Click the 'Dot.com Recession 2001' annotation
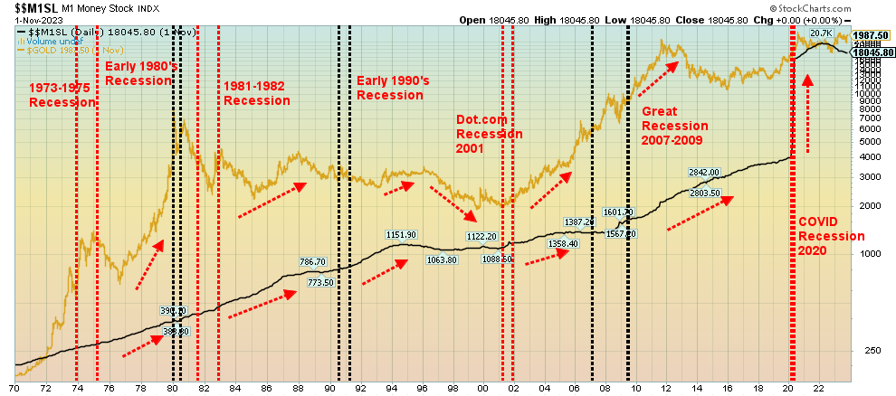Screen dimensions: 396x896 pos(489,134)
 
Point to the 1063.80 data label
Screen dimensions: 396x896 pos(440,259)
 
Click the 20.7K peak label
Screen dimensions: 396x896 pos(820,34)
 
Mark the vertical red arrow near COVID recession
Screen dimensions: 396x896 pos(807,113)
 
